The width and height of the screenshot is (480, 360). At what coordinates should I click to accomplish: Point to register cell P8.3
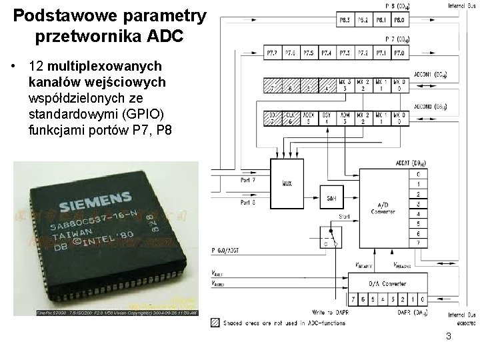(x=345, y=21)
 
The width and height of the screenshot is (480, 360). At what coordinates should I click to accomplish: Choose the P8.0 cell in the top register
(x=399, y=21)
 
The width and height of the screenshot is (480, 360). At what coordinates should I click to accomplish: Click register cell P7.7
(x=273, y=53)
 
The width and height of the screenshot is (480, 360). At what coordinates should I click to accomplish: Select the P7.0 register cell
(x=399, y=53)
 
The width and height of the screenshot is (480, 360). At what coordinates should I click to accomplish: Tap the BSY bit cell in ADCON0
(x=327, y=118)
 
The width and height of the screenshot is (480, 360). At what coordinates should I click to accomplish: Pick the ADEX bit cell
(x=309, y=118)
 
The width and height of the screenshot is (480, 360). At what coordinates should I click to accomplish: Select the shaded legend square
(x=213, y=321)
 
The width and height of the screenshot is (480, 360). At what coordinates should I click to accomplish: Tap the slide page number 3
(x=449, y=336)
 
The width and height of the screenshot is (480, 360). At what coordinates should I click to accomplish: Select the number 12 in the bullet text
(x=36, y=67)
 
